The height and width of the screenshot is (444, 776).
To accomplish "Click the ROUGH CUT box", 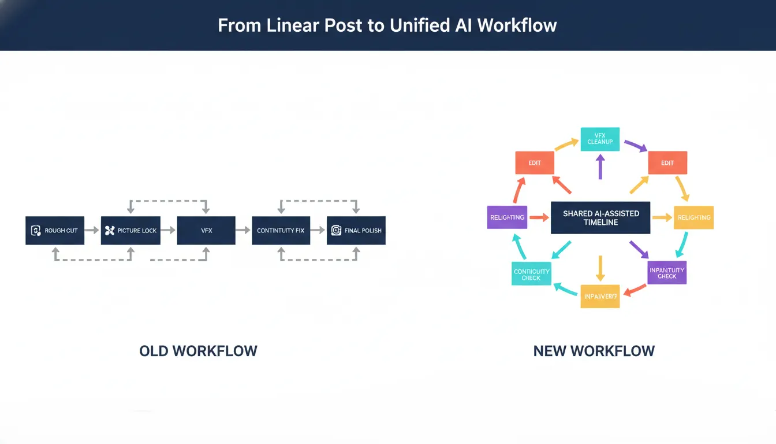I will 55,230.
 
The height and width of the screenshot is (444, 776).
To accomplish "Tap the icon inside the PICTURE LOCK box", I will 110,231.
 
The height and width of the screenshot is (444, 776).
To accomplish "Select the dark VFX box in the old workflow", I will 206,230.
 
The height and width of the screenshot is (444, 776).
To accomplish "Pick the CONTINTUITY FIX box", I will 281,230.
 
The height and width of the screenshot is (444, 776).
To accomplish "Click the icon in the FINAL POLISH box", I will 336,231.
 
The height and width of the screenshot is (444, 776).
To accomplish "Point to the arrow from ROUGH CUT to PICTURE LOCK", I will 92,230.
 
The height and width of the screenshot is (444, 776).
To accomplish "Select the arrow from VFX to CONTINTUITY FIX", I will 243,230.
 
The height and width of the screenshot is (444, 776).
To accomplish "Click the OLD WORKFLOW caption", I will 198,350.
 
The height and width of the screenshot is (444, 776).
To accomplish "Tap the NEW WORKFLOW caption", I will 594,350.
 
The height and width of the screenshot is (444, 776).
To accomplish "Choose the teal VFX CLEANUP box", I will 600,139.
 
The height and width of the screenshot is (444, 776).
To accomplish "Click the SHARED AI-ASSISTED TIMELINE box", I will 600,217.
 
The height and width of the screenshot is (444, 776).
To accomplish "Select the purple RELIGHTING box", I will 507,217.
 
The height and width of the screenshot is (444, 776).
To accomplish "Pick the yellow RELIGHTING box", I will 693,217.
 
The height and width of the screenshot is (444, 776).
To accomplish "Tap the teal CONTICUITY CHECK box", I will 531,273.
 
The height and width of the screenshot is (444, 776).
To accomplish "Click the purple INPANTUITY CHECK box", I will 667,273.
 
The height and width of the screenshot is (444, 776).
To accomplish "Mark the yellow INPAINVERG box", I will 600,296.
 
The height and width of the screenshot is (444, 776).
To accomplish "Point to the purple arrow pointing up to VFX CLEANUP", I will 600,168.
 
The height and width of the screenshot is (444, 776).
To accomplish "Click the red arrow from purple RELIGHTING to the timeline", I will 539,218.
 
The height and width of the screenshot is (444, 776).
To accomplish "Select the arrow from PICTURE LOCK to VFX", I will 167,230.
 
